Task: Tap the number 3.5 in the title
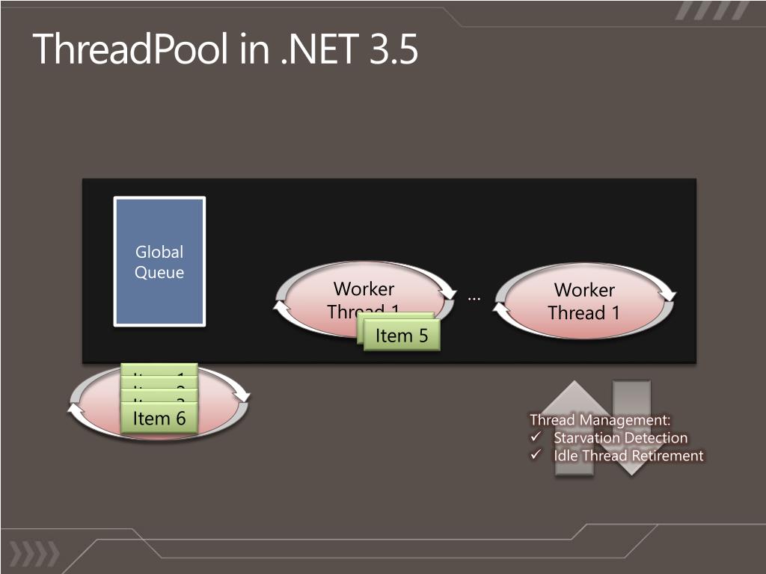[x=393, y=49]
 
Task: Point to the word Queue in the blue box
[x=159, y=273]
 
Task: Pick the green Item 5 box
[x=402, y=336]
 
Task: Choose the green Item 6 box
[x=159, y=419]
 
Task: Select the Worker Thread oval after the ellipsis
[x=584, y=301]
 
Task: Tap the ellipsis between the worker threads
[x=474, y=297]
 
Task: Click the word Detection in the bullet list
[x=657, y=438]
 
